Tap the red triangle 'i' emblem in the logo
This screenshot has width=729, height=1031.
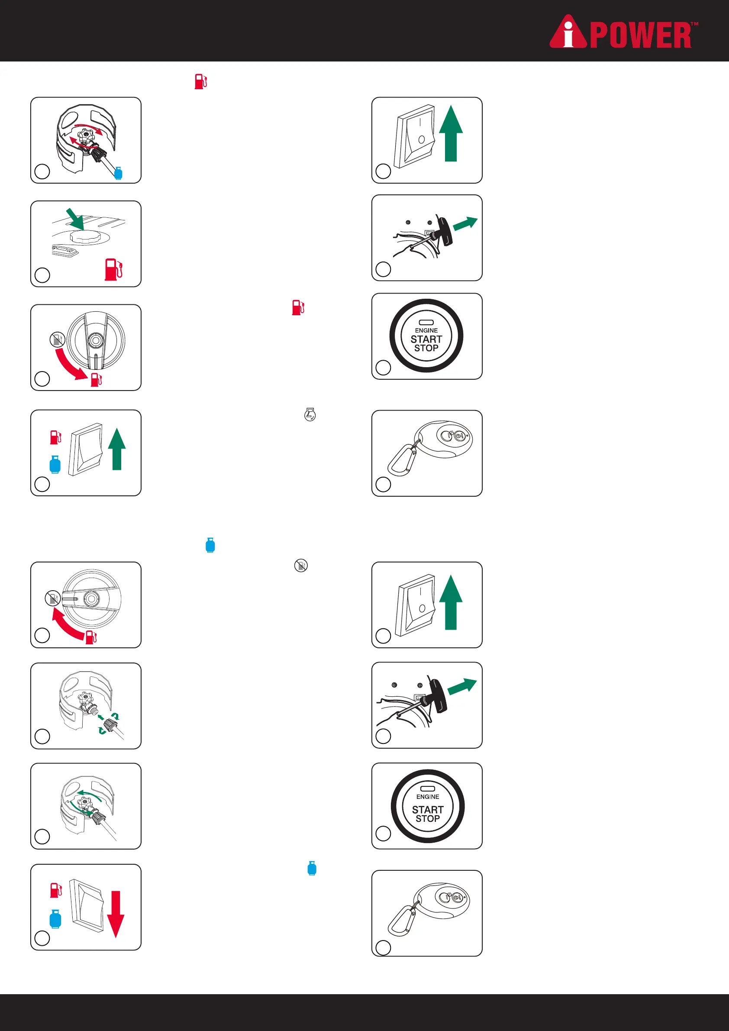point(568,32)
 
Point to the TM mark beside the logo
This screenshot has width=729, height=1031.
point(694,24)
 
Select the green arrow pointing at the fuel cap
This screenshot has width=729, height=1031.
point(75,219)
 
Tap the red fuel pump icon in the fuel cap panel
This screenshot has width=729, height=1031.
point(113,269)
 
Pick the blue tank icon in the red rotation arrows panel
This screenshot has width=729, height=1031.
point(119,173)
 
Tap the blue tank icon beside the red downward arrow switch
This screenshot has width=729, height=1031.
point(55,919)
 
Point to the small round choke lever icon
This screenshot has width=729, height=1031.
point(310,414)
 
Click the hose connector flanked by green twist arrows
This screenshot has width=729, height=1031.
point(110,724)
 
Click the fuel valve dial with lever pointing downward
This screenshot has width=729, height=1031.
point(96,341)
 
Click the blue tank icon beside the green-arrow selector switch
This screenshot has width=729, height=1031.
point(55,464)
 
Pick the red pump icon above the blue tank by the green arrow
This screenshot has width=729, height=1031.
point(56,437)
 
